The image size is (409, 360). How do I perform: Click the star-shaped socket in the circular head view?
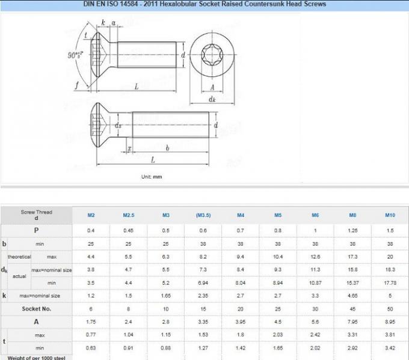click(212, 56)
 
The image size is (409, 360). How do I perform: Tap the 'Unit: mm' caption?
click(152, 177)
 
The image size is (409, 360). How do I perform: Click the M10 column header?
click(390, 215)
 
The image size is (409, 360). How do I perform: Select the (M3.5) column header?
click(203, 215)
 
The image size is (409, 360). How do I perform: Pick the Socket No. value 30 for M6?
click(315, 308)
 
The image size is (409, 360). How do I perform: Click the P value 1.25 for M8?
click(352, 230)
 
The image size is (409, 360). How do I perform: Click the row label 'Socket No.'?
click(36, 308)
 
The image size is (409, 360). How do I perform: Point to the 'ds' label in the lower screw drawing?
click(118, 126)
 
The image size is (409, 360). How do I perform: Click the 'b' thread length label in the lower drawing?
click(167, 147)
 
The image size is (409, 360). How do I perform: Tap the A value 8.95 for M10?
click(390, 322)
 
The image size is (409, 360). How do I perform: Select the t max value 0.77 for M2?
click(91, 334)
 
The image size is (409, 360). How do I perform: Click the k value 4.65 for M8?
click(352, 296)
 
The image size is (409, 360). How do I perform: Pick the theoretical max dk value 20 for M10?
click(390, 257)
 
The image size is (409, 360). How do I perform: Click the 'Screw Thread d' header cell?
click(36, 215)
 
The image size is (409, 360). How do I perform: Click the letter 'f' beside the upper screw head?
click(76, 85)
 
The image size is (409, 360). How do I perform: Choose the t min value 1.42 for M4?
click(240, 347)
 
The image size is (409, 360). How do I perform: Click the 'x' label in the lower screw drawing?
click(129, 147)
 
